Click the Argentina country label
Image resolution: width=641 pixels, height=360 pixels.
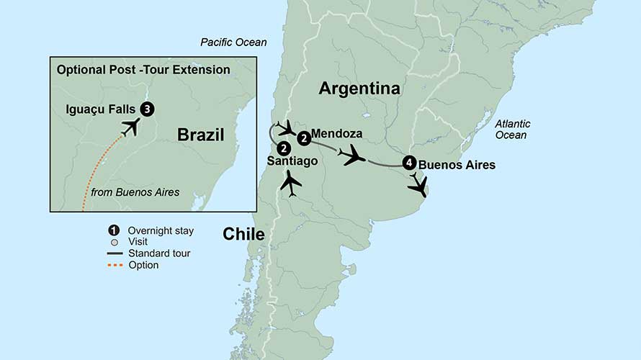[x=359, y=89]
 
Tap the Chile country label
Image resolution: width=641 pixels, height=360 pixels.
[x=243, y=234]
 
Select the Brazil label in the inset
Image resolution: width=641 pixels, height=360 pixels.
[x=201, y=135]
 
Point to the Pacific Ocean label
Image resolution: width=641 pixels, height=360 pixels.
[x=233, y=42]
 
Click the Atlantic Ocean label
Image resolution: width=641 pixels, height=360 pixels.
[x=511, y=130]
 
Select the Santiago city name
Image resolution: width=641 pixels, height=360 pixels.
[x=292, y=161]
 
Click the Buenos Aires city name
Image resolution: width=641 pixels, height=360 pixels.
[x=457, y=165]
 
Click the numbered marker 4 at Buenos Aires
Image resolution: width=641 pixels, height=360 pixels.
[x=409, y=163]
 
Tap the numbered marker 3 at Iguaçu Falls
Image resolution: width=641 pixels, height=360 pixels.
[x=147, y=109]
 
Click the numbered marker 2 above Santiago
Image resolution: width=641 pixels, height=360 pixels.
[x=283, y=148]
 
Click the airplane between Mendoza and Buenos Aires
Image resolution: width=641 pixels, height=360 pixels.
[x=354, y=155]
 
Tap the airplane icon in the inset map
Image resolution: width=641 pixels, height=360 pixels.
[x=130, y=127]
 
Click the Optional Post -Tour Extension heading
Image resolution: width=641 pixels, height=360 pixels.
[x=143, y=70]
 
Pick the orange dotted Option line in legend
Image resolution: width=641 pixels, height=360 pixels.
[x=113, y=265]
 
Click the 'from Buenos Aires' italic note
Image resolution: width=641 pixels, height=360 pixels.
[x=135, y=192]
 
